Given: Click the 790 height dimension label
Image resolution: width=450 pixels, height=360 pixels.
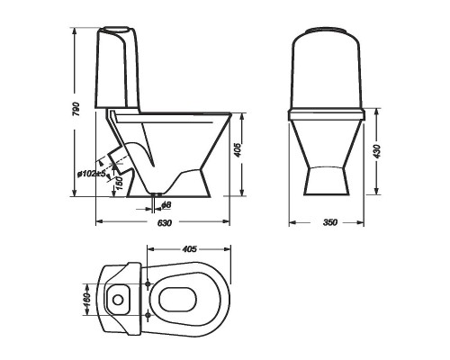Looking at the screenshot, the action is (x=76, y=110).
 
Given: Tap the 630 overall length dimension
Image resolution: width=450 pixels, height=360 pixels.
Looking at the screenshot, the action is (x=165, y=223).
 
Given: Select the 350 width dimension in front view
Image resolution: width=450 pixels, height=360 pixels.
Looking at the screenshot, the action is (x=330, y=222).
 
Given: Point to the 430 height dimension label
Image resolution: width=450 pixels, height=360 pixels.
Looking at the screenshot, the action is (x=377, y=151).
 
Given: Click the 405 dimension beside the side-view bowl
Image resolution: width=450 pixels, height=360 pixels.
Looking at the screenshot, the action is (x=238, y=149).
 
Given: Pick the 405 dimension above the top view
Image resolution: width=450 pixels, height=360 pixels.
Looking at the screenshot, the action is (x=190, y=249).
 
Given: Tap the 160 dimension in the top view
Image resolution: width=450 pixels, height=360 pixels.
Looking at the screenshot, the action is (x=86, y=300).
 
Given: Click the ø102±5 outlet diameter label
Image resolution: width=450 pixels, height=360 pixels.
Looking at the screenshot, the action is (x=92, y=174).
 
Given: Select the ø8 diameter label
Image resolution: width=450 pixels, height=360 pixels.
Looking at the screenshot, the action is (x=166, y=205).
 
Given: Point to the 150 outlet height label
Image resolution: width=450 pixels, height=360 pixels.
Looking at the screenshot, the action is (x=119, y=183).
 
